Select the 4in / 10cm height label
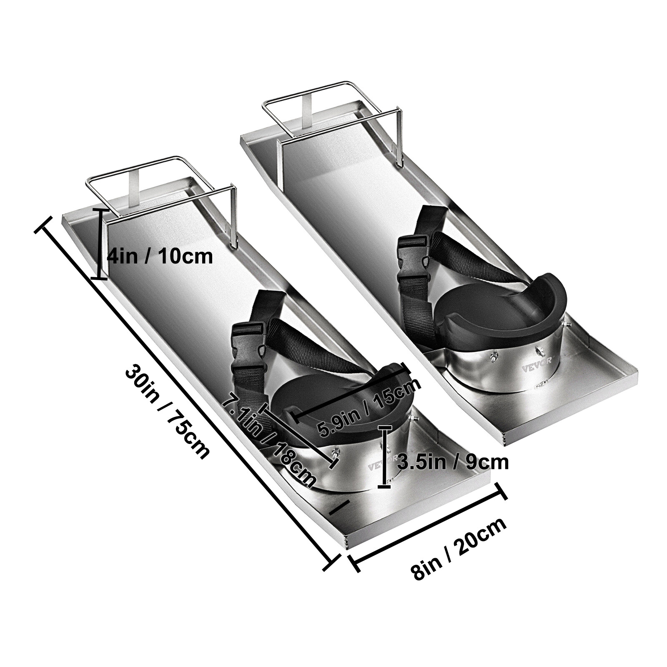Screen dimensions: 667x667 160,256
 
